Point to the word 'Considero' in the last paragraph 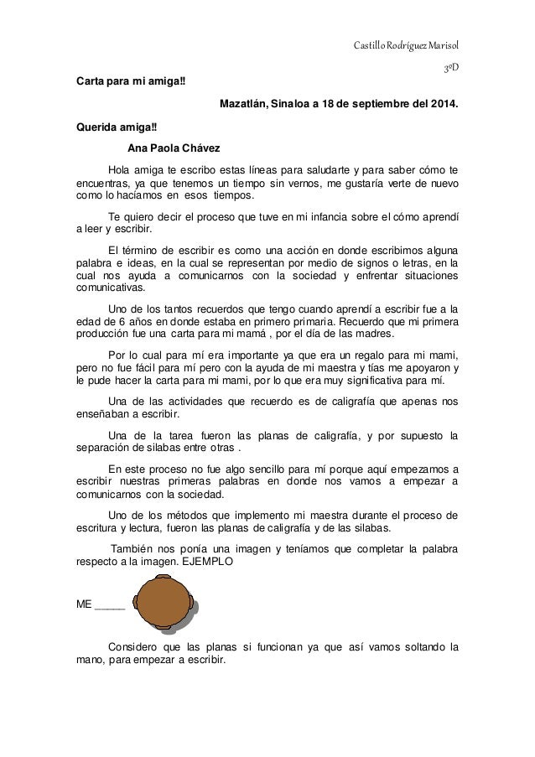click(136, 646)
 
